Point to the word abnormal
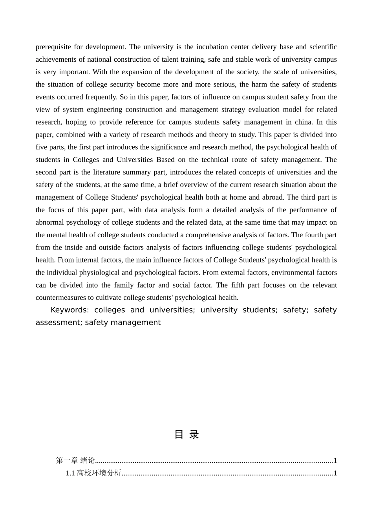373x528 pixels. [x=50, y=222]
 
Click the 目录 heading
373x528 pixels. [x=186, y=434]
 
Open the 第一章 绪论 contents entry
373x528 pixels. [x=75, y=460]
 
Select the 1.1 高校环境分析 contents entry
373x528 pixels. [x=93, y=473]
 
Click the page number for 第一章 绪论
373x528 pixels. [x=335, y=460]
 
